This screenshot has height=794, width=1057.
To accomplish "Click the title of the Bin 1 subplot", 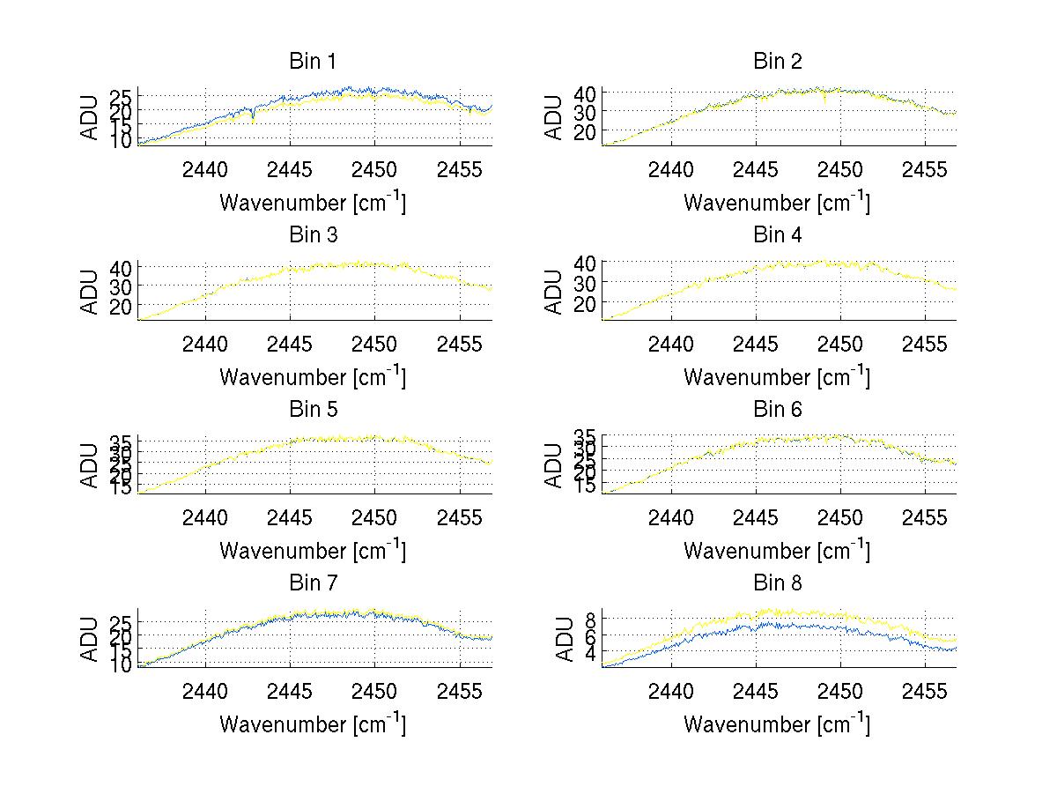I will pos(313,62).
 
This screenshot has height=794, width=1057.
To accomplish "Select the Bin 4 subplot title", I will pos(778,235).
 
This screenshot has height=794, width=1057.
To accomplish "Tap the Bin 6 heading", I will pos(778,409).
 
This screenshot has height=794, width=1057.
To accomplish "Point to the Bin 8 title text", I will pos(778,583).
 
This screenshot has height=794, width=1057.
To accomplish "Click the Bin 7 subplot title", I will pos(313,583).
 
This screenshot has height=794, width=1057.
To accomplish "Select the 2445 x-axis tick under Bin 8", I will pos(755,690).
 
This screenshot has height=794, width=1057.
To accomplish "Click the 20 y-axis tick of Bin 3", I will pos(122,305).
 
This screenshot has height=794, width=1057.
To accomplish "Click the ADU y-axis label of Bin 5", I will pos(90,465).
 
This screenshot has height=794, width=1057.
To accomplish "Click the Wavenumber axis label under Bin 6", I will pos(776,551).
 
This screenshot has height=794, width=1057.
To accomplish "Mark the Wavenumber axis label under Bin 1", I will pos(312,203).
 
